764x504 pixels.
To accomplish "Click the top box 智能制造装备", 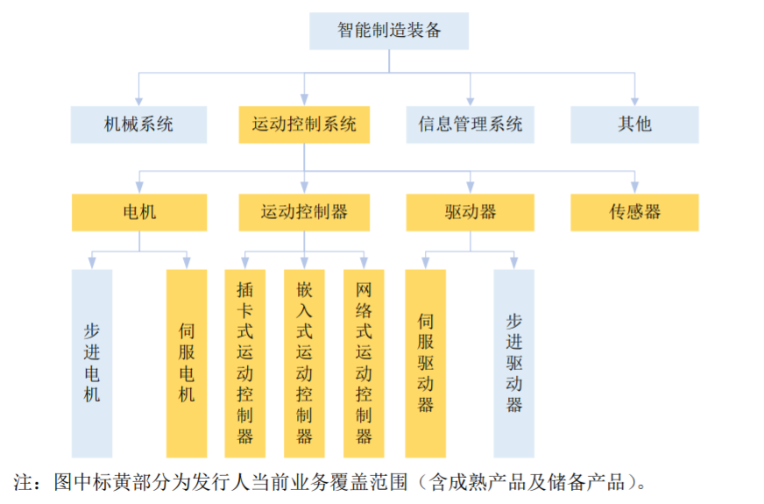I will click(x=389, y=31).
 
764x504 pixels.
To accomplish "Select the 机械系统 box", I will click(x=138, y=124).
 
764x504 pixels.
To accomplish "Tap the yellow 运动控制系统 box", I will click(x=304, y=124).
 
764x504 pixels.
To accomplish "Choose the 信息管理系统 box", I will click(x=470, y=124).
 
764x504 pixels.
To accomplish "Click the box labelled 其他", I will click(x=634, y=124).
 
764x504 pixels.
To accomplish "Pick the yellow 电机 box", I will click(x=138, y=212).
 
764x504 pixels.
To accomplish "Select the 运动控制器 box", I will click(x=304, y=212).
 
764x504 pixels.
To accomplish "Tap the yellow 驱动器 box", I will click(x=470, y=212).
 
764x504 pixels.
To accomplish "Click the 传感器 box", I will click(x=634, y=212).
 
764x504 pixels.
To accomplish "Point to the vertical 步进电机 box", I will click(x=91, y=363).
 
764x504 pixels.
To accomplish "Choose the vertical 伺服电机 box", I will click(x=186, y=363).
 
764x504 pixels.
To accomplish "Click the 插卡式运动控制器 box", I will click(x=244, y=363).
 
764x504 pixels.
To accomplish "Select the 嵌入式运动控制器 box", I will click(x=304, y=363).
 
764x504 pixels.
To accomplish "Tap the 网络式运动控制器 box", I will click(x=364, y=363).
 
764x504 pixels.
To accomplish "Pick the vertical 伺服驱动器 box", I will click(x=425, y=363).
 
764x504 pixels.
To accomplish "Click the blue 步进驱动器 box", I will click(x=513, y=363).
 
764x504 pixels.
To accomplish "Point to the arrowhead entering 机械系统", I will click(x=138, y=102).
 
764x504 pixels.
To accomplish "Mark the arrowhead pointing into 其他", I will click(x=634, y=102).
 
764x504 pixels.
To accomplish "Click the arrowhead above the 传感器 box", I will click(x=634, y=189).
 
